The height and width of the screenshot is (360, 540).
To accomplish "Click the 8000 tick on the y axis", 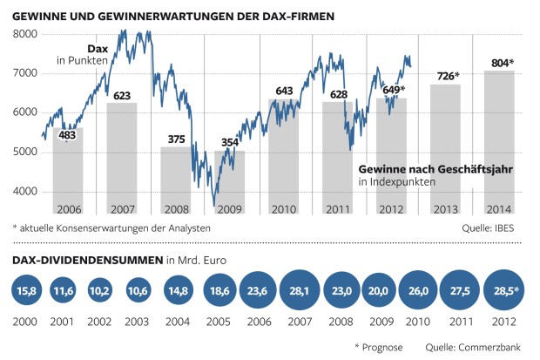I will (x=26, y=34).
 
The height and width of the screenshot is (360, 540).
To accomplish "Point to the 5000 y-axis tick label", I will (x=26, y=152).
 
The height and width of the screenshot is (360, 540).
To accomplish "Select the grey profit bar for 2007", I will (x=122, y=157).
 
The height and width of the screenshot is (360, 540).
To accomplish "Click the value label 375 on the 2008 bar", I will (x=176, y=138).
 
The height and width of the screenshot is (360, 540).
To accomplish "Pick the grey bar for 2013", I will (x=445, y=148).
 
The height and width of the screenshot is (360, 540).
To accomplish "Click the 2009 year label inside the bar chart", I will (x=230, y=208).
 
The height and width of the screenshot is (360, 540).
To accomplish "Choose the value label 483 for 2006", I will (x=68, y=135).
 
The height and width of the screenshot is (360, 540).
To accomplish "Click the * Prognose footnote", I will (x=379, y=347).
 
